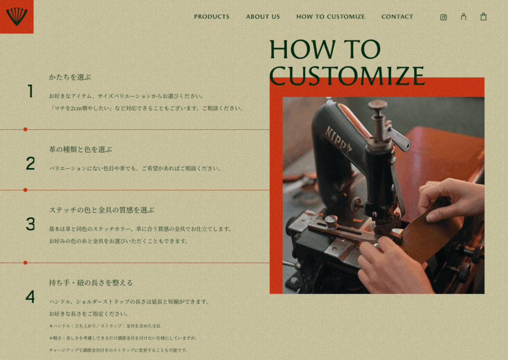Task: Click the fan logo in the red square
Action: tap(16, 16)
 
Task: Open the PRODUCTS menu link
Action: tap(212, 16)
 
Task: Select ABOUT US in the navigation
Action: tap(262, 16)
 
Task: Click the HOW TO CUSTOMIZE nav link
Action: tap(330, 16)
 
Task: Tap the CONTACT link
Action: tap(397, 16)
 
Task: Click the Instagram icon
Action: tap(444, 17)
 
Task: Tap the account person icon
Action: tap(463, 17)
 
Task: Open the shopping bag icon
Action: tap(483, 16)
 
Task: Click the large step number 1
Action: tap(30, 91)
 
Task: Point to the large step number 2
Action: tap(30, 164)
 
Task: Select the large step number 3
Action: tap(30, 224)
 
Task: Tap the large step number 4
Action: tap(30, 297)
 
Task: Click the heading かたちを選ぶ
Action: tap(70, 77)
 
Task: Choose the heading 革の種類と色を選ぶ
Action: tap(81, 150)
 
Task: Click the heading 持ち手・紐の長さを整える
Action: tap(91, 283)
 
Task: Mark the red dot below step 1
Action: tap(25, 129)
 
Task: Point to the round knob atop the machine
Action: tap(378, 104)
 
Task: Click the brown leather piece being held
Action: tap(428, 229)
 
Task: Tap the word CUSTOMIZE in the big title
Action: tap(347, 76)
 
